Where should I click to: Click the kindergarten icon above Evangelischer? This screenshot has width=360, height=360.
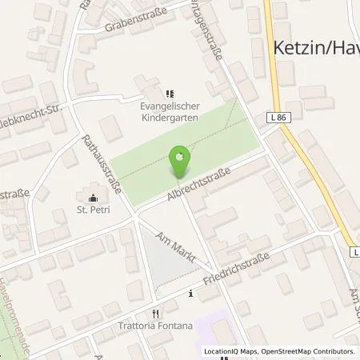169,92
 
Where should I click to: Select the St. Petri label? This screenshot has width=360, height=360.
92,211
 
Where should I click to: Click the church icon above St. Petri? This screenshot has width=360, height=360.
93,198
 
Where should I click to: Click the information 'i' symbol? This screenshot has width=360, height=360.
190,294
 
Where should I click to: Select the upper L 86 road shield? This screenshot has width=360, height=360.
278,118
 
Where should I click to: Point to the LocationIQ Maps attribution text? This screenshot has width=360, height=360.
226,351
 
